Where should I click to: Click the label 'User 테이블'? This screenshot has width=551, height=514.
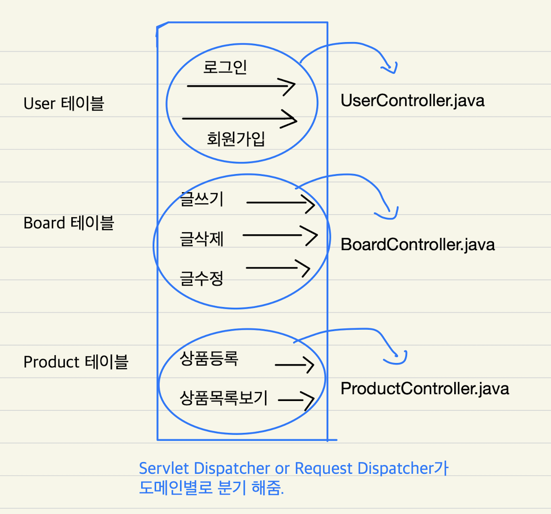coord(64,103)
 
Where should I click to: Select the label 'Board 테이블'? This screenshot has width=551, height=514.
coord(69,223)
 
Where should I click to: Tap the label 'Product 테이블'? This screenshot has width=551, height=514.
coord(75,362)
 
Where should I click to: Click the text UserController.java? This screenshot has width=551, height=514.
coord(413,100)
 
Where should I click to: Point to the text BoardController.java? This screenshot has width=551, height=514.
coord(418,244)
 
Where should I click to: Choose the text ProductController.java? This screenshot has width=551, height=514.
coord(425,389)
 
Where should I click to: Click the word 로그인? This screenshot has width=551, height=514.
coord(225,67)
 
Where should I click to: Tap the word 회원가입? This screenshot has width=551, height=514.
coord(236,138)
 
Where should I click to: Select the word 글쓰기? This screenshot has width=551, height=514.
coord(202,199)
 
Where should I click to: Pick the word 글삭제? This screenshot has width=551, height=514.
coord(202,239)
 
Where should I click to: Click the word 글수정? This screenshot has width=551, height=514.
coord(202,278)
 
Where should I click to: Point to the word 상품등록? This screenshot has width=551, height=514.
coord(209,358)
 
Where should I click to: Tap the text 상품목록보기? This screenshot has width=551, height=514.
coord(224,398)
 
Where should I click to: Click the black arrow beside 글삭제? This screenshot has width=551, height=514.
coord(280,235)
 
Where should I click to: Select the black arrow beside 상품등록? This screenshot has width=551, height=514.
coord(295,365)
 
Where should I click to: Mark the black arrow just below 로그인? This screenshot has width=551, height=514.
coord(241,86)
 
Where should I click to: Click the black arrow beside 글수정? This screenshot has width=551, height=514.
coord(278,268)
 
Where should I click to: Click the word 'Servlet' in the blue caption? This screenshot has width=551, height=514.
coord(164,468)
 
